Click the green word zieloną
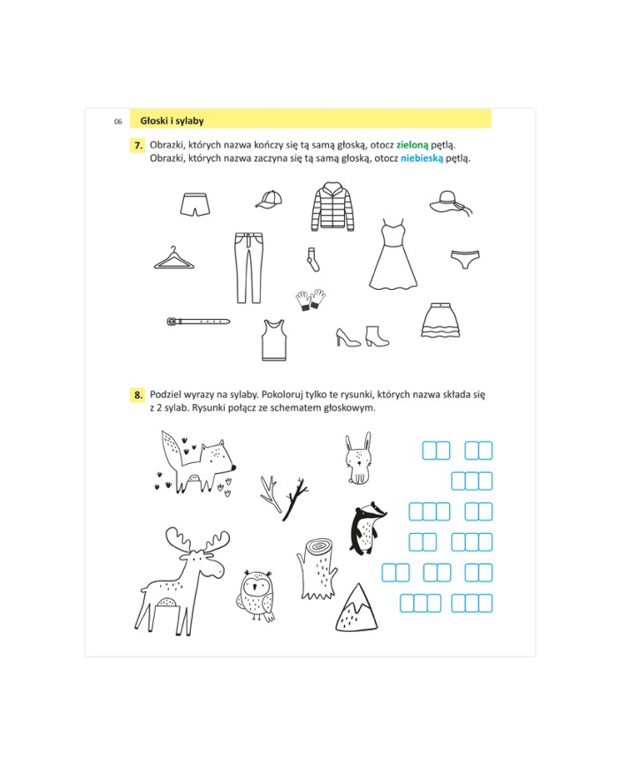(x=412, y=145)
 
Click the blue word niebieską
(x=422, y=158)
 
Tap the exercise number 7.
(x=139, y=146)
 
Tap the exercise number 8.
(x=139, y=395)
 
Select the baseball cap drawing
(x=269, y=200)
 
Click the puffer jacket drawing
(x=332, y=207)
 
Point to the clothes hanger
(x=174, y=258)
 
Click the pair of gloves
(x=310, y=300)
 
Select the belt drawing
(x=198, y=322)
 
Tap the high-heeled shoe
(x=348, y=338)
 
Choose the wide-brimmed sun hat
(x=451, y=202)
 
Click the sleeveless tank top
(x=273, y=340)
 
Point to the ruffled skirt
(x=440, y=320)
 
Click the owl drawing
(x=256, y=596)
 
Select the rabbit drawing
(x=358, y=458)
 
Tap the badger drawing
(x=368, y=528)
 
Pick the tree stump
(x=317, y=569)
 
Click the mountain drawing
(x=356, y=607)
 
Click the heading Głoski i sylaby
(x=172, y=120)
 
